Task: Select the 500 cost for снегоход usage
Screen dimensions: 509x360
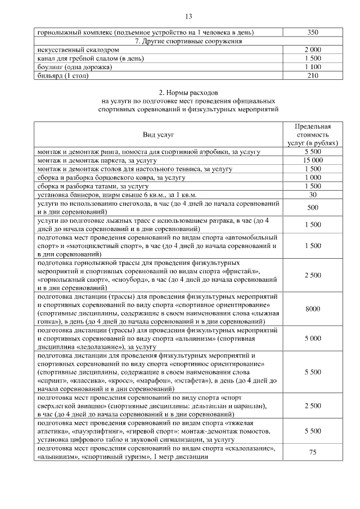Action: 313,208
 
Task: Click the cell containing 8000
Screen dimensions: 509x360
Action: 313,309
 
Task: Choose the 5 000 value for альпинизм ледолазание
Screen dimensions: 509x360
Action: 313,339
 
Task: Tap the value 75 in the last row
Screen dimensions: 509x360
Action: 313,452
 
